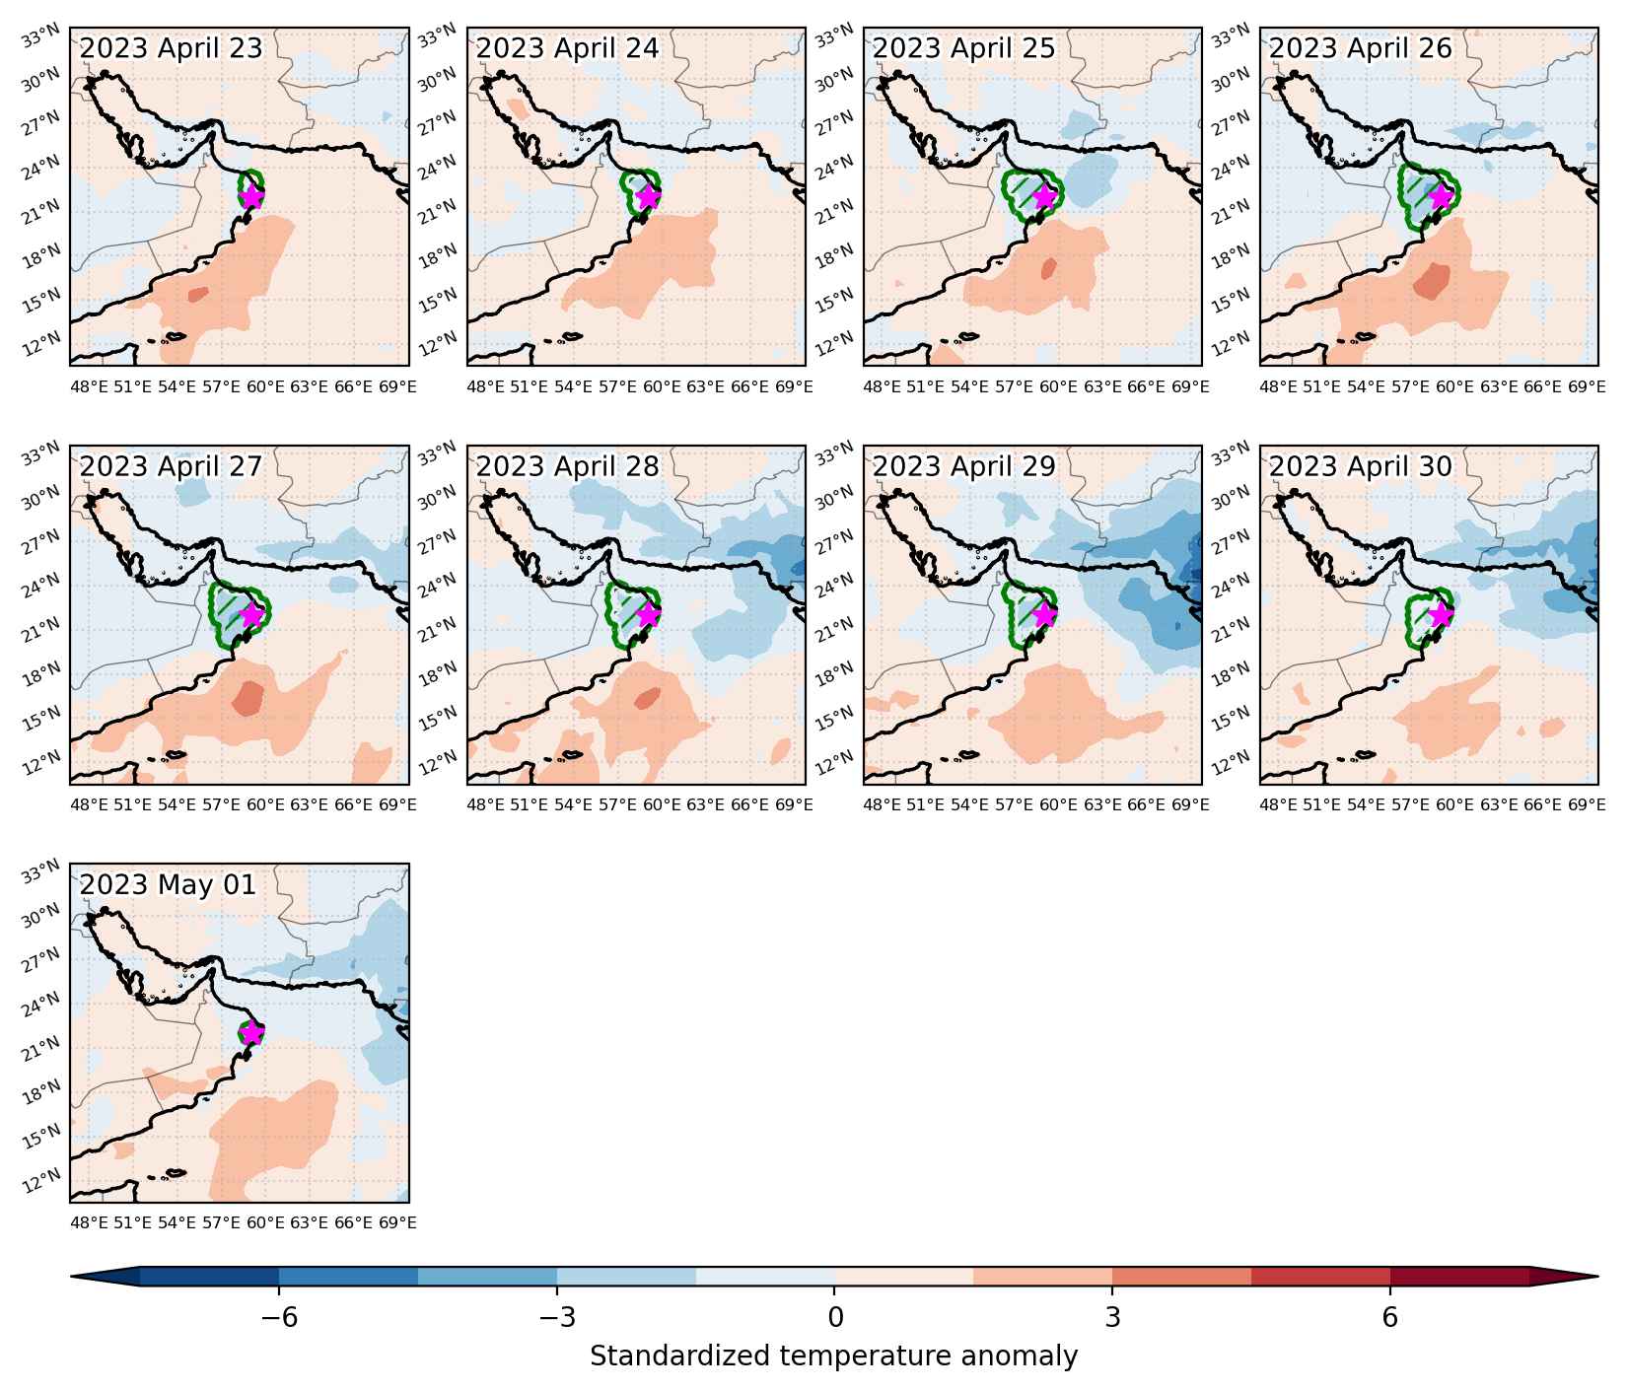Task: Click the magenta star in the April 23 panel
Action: pos(252,196)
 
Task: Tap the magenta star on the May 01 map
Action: pos(252,1033)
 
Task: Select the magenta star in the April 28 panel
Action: pos(649,614)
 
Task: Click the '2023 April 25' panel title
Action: pos(963,48)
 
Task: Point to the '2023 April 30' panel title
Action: pos(1361,466)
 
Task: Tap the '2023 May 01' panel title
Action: pos(168,885)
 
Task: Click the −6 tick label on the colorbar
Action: pos(278,1317)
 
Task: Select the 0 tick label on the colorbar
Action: pos(835,1317)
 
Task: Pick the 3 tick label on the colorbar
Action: pos(1112,1317)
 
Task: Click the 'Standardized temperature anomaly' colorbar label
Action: pos(834,1356)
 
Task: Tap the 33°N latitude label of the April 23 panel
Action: pos(43,37)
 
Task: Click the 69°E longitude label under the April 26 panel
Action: pos(1587,387)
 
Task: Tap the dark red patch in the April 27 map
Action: pos(248,698)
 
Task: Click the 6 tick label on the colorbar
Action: pos(1390,1317)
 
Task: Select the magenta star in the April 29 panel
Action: pos(1045,614)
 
